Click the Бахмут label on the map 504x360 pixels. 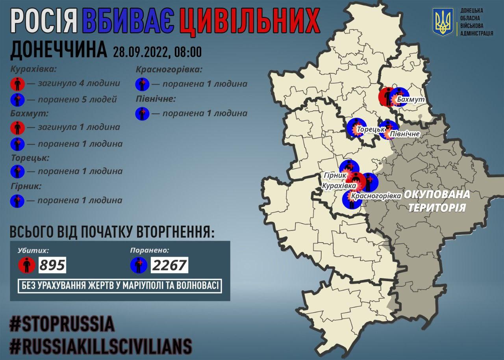410,100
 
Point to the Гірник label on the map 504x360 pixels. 335,175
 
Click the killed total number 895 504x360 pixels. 52,265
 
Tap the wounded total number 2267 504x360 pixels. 170,265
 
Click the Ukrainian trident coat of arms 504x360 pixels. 443,22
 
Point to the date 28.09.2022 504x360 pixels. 140,51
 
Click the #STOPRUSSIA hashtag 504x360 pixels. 62,324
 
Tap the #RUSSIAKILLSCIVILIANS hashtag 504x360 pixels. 101,346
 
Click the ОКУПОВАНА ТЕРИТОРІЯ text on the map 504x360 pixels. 437,201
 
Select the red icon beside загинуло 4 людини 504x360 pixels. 17,84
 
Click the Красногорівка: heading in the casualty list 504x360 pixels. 169,69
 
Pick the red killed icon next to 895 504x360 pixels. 27,265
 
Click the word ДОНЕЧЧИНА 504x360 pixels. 58,50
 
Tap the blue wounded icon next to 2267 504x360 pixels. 139,265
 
